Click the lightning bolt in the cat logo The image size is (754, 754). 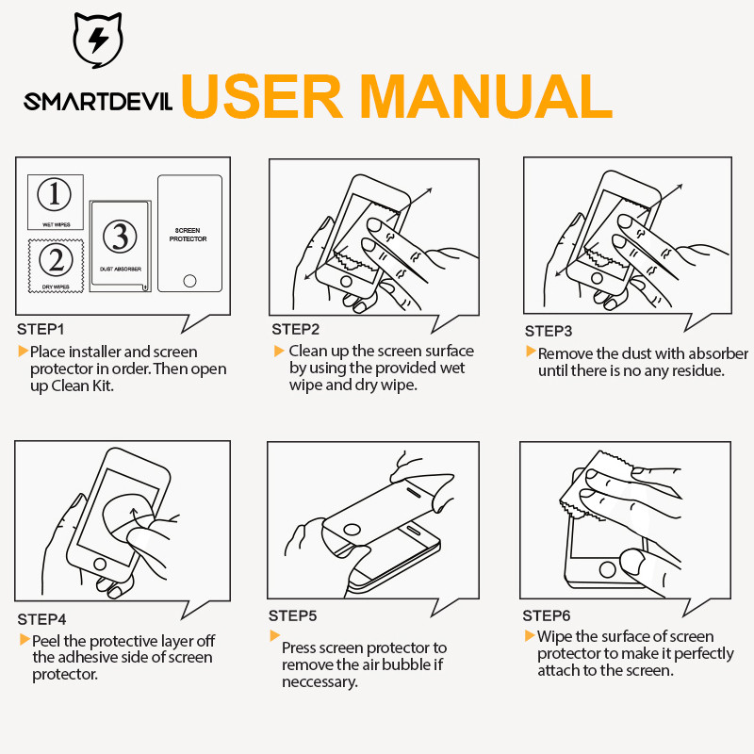pyautogui.click(x=98, y=40)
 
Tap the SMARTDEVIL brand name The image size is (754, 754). pyautogui.click(x=98, y=102)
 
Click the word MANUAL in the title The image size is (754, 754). pyautogui.click(x=485, y=96)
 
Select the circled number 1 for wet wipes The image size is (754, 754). pyautogui.click(x=55, y=194)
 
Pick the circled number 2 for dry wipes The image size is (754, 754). pyautogui.click(x=56, y=260)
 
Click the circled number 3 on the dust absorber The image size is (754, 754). pyautogui.click(x=120, y=237)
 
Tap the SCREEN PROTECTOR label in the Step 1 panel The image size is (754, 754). pyautogui.click(x=188, y=235)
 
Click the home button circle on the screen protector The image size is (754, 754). pyautogui.click(x=190, y=281)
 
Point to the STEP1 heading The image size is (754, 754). pyautogui.click(x=41, y=329)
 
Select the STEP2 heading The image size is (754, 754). pyautogui.click(x=295, y=329)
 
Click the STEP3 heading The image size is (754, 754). pyautogui.click(x=549, y=332)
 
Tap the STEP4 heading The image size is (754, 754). pyautogui.click(x=41, y=619)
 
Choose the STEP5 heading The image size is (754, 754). pyautogui.click(x=292, y=616)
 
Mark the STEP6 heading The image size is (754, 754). pyautogui.click(x=547, y=616)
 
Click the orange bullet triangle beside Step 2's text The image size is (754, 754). pyautogui.click(x=279, y=351)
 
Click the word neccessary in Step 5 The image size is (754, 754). pyautogui.click(x=320, y=682)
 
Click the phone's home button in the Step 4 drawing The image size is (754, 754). pyautogui.click(x=100, y=564)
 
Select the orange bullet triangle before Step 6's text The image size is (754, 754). pyautogui.click(x=530, y=635)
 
